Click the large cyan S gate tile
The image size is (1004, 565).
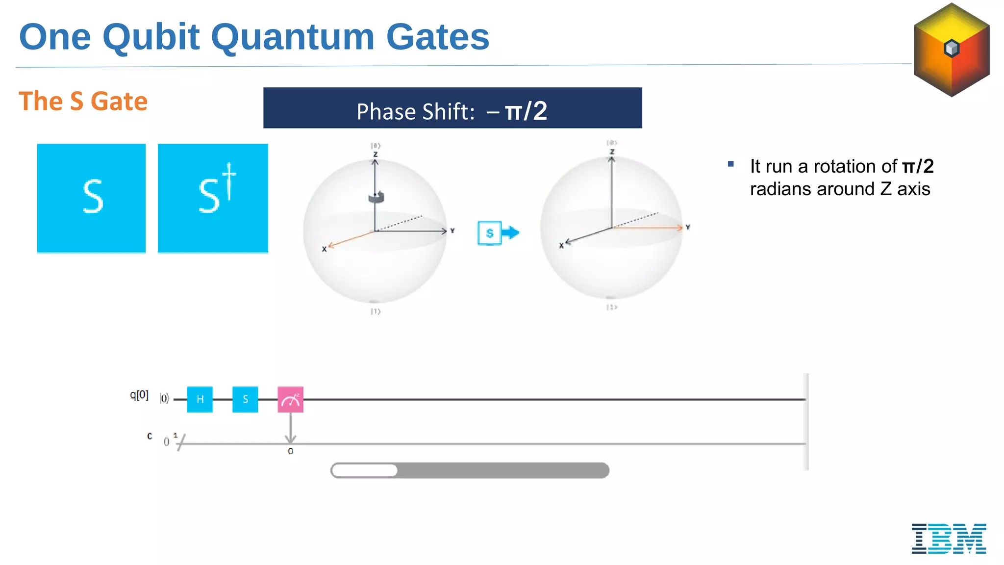click(91, 198)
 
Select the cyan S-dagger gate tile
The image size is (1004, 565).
click(213, 198)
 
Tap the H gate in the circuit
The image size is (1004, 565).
click(200, 399)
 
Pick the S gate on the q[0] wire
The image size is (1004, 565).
click(245, 399)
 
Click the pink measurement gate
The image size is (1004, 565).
click(290, 399)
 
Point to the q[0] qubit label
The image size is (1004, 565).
click(139, 395)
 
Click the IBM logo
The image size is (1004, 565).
click(949, 539)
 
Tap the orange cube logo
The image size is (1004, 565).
click(952, 50)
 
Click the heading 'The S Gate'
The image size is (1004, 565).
click(83, 102)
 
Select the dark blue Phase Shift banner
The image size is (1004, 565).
click(452, 108)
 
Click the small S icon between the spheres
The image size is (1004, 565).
click(489, 233)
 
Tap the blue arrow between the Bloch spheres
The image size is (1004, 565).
click(511, 232)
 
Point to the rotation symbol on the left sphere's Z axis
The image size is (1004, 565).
click(376, 197)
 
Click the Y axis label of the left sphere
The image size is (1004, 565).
click(452, 231)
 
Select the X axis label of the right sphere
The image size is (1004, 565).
click(561, 246)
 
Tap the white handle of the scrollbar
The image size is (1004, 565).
click(365, 470)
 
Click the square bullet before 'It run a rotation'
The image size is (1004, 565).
click(731, 164)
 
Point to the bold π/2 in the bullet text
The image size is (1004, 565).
click(918, 167)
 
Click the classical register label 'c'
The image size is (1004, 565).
click(150, 436)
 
